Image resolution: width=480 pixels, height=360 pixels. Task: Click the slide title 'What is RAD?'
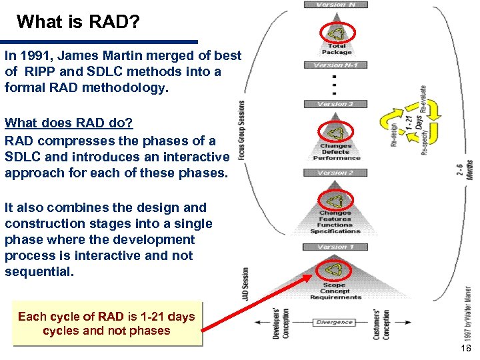click(78, 22)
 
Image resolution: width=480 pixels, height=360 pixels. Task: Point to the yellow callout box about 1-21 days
click(107, 323)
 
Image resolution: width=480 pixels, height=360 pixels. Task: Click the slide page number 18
click(467, 349)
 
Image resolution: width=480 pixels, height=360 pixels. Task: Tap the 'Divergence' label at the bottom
click(334, 322)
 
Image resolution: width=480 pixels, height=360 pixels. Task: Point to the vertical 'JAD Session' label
click(245, 283)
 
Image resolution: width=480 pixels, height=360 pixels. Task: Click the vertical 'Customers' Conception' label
click(382, 323)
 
